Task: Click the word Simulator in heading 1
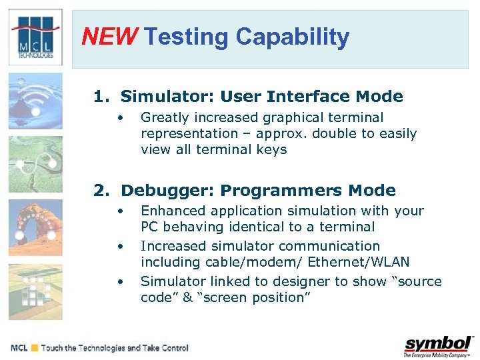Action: click(157, 97)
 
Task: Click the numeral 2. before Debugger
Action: click(103, 191)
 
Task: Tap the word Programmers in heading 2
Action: click(284, 191)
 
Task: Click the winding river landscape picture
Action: click(35, 164)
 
